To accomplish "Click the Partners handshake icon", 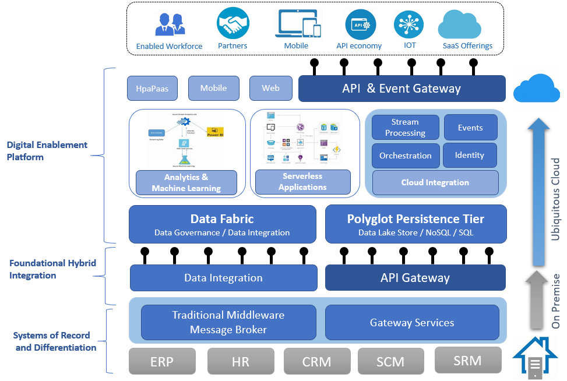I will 233,24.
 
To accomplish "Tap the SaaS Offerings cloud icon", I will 467,24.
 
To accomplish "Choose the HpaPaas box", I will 152,89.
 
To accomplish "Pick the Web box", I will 270,89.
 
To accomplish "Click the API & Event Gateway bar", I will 402,89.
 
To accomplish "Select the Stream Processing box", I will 405,128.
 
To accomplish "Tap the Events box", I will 470,128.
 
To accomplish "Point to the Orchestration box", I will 405,156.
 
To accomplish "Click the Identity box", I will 470,155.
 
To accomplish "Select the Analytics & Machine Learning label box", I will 186,182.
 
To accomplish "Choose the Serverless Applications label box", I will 302,182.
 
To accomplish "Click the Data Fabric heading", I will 222,219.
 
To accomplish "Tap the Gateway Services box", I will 412,322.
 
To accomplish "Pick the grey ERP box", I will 162,361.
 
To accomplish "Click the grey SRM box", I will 468,360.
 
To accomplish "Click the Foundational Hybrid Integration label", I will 52,270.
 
